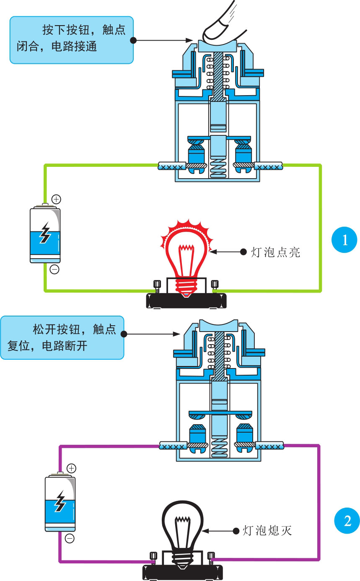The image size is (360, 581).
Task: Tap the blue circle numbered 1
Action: [344, 240]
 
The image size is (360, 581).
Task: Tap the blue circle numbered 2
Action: [347, 521]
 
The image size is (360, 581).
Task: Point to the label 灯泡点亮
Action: [276, 252]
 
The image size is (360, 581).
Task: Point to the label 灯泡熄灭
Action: [267, 530]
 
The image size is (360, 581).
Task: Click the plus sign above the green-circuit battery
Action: [56, 199]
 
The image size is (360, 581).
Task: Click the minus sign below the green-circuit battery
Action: [54, 269]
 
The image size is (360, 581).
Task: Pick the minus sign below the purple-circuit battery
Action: [70, 538]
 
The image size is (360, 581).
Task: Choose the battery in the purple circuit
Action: [60, 503]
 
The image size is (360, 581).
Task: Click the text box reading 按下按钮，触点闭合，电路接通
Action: [72, 40]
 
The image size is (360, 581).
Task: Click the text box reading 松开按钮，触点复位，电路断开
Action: [62, 337]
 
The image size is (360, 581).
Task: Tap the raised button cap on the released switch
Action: [218, 325]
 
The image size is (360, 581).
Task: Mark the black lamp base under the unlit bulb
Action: [182, 571]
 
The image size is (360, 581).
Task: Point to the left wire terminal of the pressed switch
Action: [172, 167]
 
